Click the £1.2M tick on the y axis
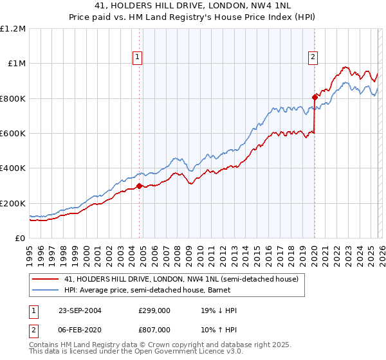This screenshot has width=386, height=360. pyautogui.click(x=13, y=28)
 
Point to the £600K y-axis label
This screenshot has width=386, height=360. pyautogui.click(x=13, y=134)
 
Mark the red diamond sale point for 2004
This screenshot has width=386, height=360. pyautogui.click(x=140, y=186)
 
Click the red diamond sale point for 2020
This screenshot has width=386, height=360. pyautogui.click(x=315, y=97)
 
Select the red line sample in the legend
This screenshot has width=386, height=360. pyautogui.click(x=46, y=280)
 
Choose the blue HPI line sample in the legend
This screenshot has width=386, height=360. pyautogui.click(x=46, y=290)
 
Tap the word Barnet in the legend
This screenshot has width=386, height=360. pyautogui.click(x=214, y=290)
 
